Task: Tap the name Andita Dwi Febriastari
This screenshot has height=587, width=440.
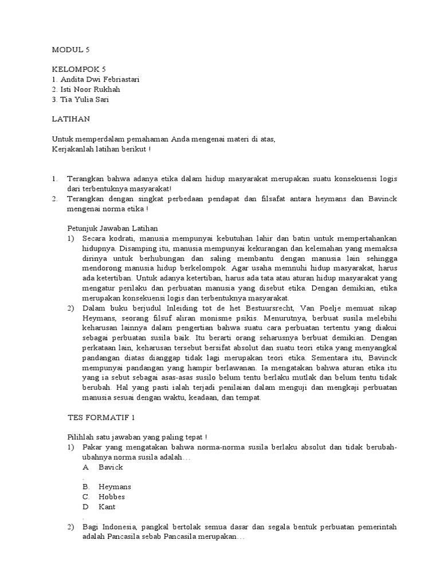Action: coord(96,79)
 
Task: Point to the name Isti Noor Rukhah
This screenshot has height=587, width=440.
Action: coord(88,89)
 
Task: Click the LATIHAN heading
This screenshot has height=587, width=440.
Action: coord(71,119)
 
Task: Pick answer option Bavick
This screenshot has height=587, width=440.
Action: coord(111,467)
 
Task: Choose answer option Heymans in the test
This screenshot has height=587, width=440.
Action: coord(115,487)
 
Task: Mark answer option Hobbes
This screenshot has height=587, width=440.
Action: coord(111,496)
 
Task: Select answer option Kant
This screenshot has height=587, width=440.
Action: coord(107,507)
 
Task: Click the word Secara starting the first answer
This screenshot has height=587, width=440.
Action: coord(95,238)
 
